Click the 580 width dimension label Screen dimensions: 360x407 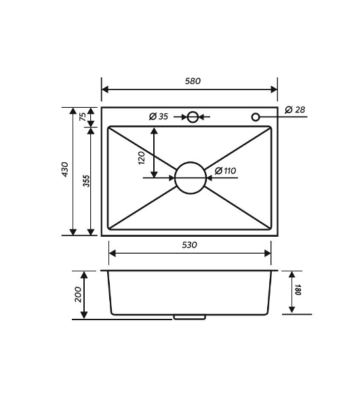click(x=193, y=81)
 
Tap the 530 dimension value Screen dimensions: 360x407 click(x=189, y=245)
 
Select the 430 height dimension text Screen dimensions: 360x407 click(x=64, y=170)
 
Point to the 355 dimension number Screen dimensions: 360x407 click(x=86, y=181)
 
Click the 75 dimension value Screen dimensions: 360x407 click(x=83, y=117)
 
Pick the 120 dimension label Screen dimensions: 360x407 click(x=141, y=158)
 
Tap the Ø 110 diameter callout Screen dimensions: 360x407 click(x=225, y=171)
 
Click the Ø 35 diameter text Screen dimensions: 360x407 click(x=159, y=116)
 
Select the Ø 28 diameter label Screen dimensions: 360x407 click(x=295, y=109)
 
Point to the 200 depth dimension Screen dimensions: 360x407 click(x=78, y=294)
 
